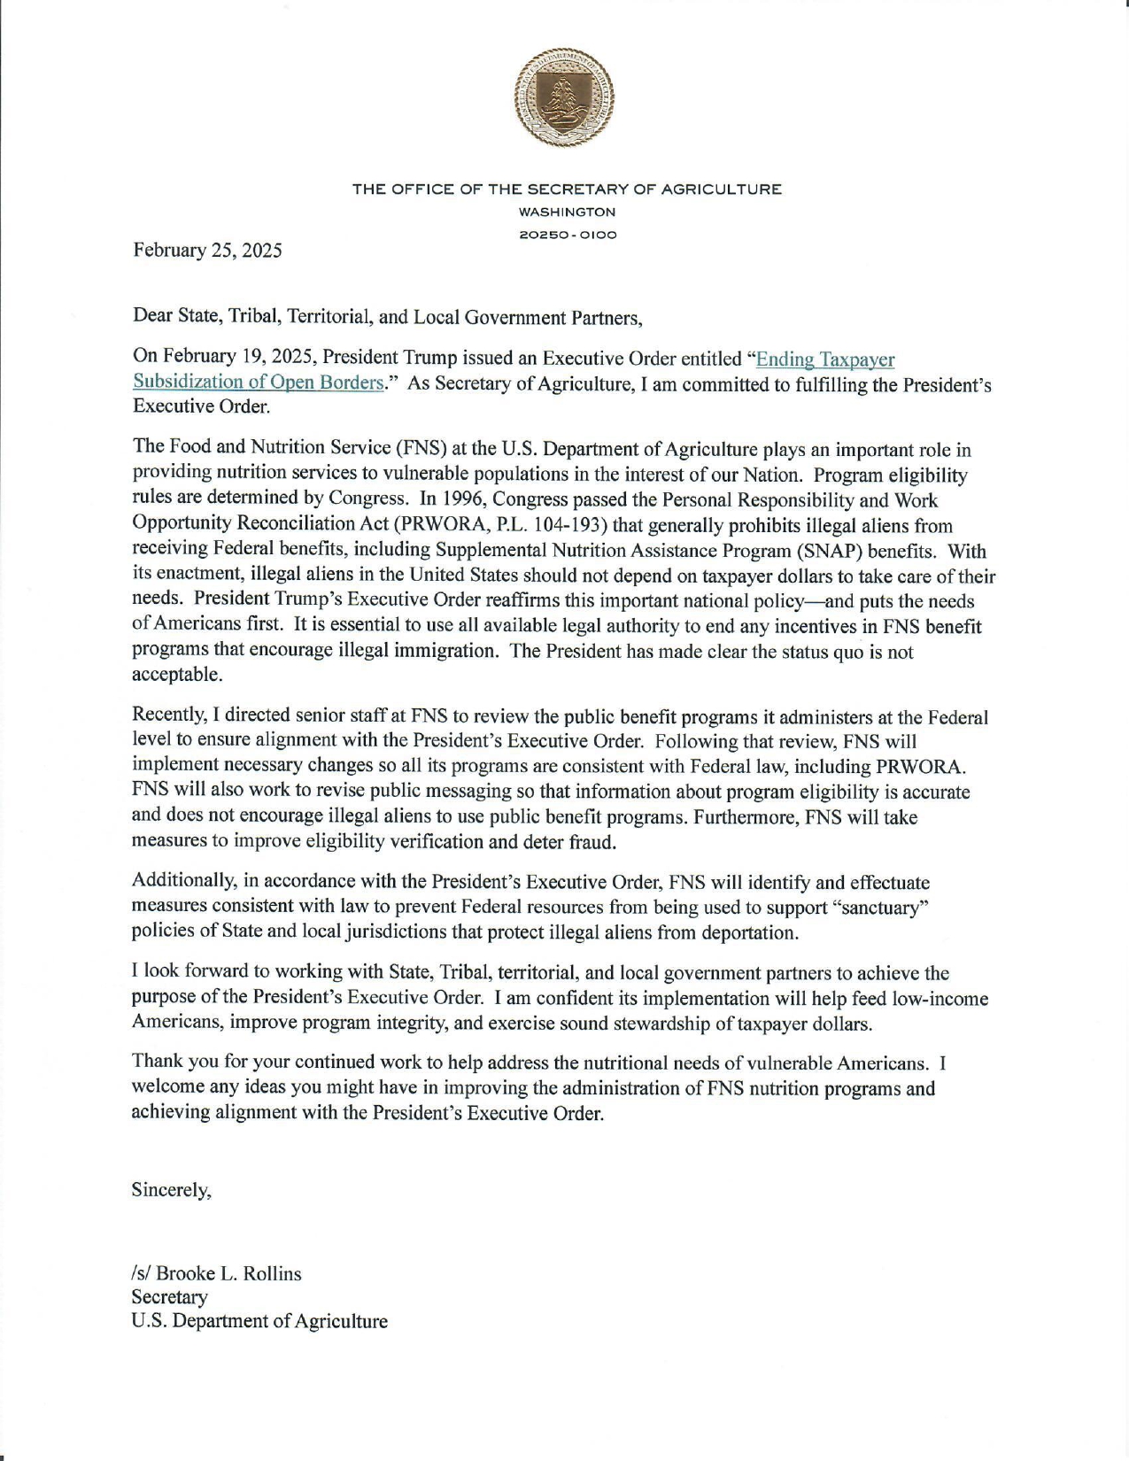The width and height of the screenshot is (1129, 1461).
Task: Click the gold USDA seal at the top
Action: point(564,97)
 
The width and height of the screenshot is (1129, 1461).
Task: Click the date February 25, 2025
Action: point(207,251)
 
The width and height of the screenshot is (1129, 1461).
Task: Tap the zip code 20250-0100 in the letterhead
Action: point(567,235)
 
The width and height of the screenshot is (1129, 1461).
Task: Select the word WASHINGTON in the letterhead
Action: point(567,213)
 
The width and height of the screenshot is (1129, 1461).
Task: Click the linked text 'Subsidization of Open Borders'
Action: point(258,383)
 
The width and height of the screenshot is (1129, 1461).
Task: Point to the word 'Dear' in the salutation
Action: point(150,316)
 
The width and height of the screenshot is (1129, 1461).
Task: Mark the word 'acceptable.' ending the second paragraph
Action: point(177,675)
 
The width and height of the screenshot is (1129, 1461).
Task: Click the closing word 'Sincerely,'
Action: point(172,1190)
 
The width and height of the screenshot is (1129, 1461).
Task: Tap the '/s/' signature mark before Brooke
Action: point(141,1274)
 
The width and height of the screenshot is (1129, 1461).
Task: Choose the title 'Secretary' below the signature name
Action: point(170,1297)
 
